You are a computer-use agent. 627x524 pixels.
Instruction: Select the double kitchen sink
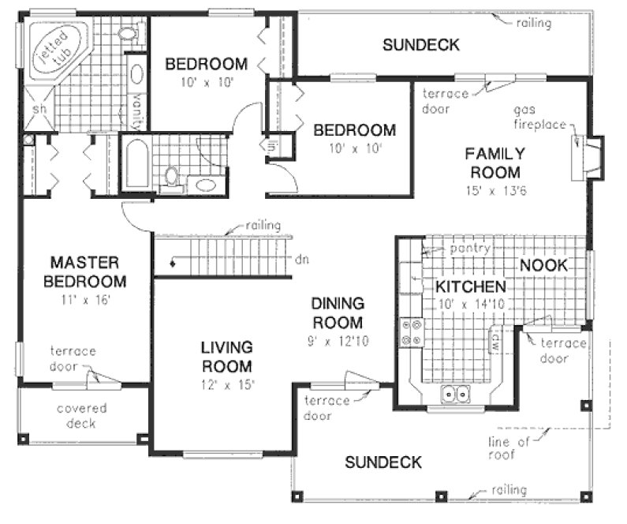click(456, 392)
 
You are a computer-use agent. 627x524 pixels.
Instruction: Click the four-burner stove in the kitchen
click(412, 331)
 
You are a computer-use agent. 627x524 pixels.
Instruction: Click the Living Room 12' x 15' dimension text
click(226, 384)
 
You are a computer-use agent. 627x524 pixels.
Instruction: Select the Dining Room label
click(337, 313)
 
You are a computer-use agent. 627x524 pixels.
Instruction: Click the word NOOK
click(543, 266)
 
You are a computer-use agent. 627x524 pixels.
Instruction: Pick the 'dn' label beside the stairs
click(300, 259)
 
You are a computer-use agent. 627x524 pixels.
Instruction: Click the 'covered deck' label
click(81, 415)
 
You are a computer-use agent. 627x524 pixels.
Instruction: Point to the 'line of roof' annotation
click(502, 447)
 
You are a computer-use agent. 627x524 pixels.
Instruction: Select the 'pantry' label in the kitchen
click(470, 248)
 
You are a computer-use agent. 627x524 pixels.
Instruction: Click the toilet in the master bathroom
click(129, 32)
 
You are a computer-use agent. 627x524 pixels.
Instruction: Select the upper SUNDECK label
click(420, 45)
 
